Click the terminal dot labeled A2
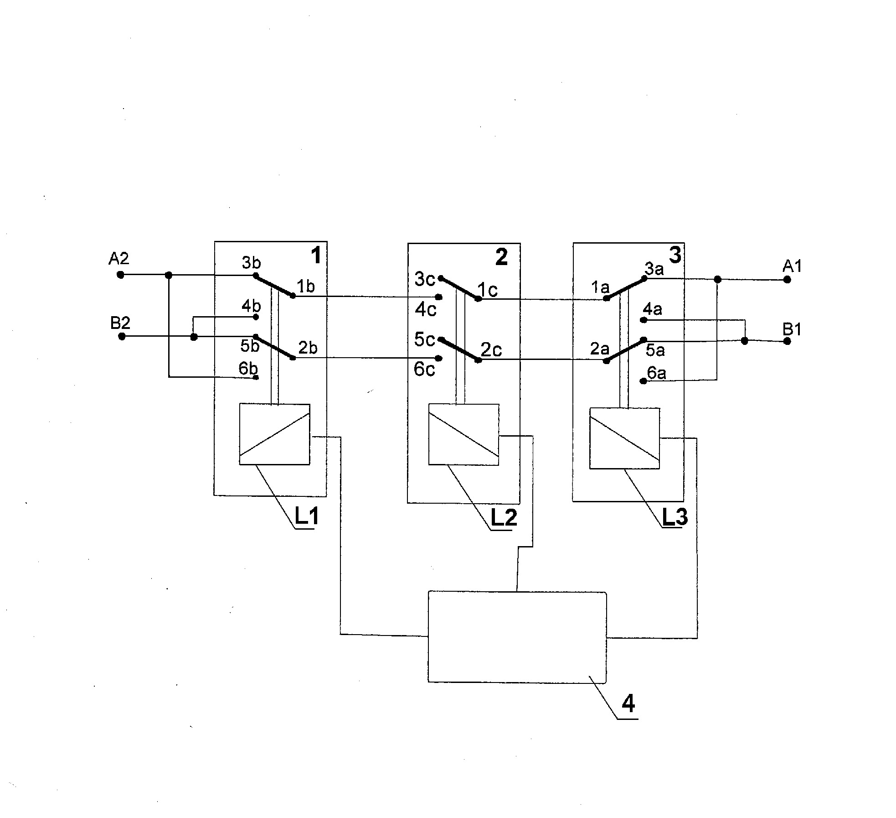coord(120,275)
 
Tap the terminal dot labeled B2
coord(122,336)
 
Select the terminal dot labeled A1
coord(787,280)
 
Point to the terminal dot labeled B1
coord(787,341)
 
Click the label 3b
coord(251,263)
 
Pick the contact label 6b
coord(248,368)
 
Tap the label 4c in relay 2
coord(426,310)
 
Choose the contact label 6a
coord(657,373)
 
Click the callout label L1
coord(307,516)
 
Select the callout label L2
coord(504,517)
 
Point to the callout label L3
coord(675,517)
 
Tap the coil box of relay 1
coord(274,434)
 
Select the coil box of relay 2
coord(463,435)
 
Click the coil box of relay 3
coord(624,438)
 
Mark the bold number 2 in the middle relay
coord(501,257)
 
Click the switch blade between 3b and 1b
coord(274,286)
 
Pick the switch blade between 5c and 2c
coord(459,350)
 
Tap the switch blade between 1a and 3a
coord(625,287)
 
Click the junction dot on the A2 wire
coord(169,275)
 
